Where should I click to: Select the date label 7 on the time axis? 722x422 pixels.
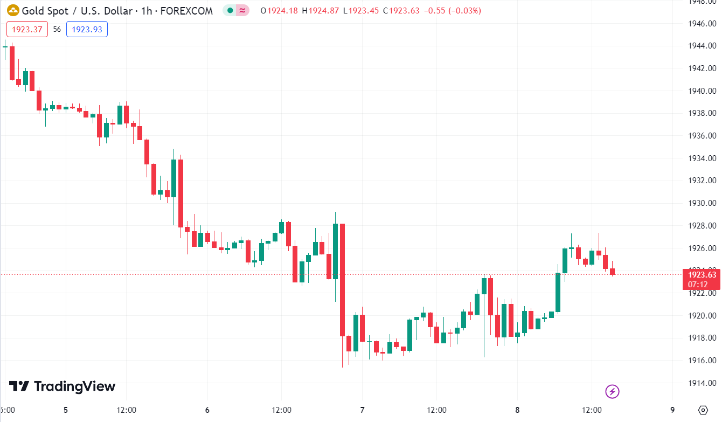(362, 410)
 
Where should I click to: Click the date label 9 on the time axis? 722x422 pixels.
(672, 410)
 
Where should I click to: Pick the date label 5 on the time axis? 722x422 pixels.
(66, 410)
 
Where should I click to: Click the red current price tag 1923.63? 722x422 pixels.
(701, 275)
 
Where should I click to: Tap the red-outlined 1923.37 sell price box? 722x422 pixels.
(27, 30)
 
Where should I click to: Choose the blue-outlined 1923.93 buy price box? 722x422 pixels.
(87, 30)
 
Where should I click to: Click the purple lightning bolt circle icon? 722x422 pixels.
(612, 391)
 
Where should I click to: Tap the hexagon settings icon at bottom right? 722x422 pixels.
(703, 410)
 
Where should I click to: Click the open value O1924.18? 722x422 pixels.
(279, 11)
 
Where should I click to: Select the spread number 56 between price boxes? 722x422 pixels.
(57, 30)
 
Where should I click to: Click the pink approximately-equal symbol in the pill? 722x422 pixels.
(242, 11)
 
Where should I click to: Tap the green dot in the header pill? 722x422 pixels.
(230, 11)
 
